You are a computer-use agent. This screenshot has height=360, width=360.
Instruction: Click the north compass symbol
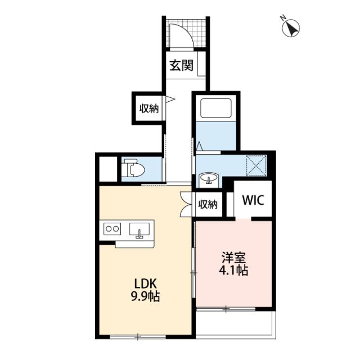(x=291, y=28)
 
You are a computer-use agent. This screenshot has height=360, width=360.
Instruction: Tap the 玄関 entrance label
(x=181, y=66)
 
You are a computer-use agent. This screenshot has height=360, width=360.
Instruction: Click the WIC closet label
(x=253, y=200)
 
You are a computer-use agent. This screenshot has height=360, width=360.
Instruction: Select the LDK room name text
(x=145, y=284)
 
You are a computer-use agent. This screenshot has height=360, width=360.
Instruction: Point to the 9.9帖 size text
(x=145, y=296)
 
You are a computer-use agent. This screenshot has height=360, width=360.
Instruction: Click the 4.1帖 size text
(x=233, y=270)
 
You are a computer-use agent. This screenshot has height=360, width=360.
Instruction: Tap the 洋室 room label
(x=233, y=258)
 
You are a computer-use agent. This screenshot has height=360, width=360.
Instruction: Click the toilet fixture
(x=133, y=170)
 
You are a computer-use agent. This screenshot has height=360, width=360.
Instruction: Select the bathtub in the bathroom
(x=215, y=108)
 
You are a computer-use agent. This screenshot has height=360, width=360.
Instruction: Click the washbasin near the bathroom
(x=209, y=178)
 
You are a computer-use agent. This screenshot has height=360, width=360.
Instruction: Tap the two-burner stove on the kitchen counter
(x=112, y=229)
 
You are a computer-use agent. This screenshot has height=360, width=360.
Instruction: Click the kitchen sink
(x=139, y=230)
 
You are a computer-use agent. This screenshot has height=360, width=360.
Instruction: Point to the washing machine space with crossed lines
(x=256, y=166)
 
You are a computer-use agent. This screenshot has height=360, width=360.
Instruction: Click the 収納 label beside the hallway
(x=149, y=109)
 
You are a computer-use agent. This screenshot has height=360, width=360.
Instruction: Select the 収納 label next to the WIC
(x=208, y=204)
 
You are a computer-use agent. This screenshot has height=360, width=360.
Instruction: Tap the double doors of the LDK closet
(x=186, y=204)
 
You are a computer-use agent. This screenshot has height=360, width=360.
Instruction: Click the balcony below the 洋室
(x=236, y=325)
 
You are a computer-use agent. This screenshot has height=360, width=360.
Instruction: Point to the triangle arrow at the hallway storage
(x=170, y=100)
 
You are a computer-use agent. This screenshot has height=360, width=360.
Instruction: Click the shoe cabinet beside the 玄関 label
(x=201, y=64)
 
